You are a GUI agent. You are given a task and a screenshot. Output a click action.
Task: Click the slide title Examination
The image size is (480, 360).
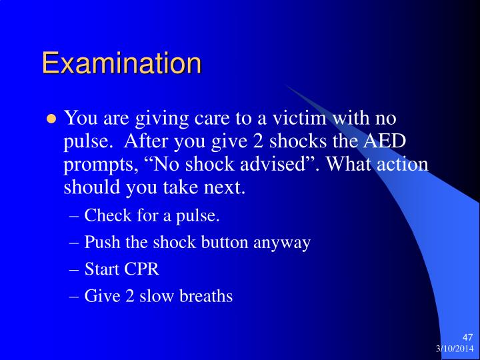pyautogui.click(x=121, y=63)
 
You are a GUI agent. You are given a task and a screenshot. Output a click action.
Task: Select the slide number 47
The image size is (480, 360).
pyautogui.click(x=467, y=337)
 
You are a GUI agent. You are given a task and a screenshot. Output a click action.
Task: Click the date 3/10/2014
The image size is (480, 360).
pyautogui.click(x=455, y=349)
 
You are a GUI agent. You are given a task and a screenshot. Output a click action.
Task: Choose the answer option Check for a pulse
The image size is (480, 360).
pyautogui.click(x=152, y=215)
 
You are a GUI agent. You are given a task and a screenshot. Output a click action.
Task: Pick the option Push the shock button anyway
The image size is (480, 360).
pyautogui.click(x=197, y=242)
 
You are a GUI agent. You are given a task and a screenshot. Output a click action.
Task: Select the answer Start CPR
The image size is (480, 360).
pyautogui.click(x=122, y=269)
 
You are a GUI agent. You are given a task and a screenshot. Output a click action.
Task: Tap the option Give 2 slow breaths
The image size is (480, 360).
pyautogui.click(x=159, y=296)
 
